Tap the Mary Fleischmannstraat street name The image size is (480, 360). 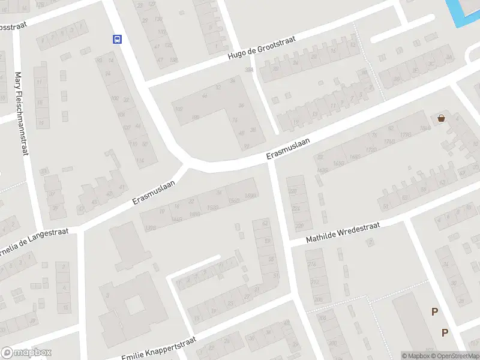(x=22, y=114)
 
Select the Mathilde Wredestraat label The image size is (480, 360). (x=343, y=233)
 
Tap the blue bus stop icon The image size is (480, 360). (x=117, y=40)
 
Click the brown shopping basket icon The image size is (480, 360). (x=442, y=118)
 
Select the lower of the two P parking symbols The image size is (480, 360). (x=445, y=332)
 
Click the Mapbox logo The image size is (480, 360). (x=26, y=353)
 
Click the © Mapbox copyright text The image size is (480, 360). (x=415, y=356)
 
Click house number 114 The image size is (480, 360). (x=140, y=161)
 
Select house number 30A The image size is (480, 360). (x=248, y=70)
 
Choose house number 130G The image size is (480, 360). (x=151, y=227)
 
